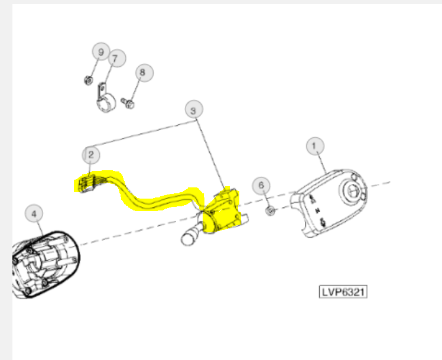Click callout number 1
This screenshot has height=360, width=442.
[x=315, y=146]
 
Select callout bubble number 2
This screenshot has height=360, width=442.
[x=91, y=155]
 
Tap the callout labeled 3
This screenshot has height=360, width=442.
[x=194, y=109]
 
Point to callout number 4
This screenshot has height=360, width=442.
[x=34, y=213]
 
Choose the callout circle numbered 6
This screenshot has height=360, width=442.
[x=261, y=186]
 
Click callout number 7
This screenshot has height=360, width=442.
[x=116, y=59]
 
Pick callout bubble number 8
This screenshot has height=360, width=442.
[x=144, y=73]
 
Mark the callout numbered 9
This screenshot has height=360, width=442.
[x=101, y=51]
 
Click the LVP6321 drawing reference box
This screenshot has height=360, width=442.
[x=343, y=291]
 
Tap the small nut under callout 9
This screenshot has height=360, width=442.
[x=89, y=80]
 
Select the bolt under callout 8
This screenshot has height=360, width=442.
[x=128, y=103]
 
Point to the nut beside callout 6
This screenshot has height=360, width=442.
[x=271, y=210]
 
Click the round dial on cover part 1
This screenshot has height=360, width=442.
[x=353, y=192]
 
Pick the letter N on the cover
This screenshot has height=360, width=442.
[x=318, y=210]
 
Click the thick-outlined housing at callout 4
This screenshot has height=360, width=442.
[x=45, y=264]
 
